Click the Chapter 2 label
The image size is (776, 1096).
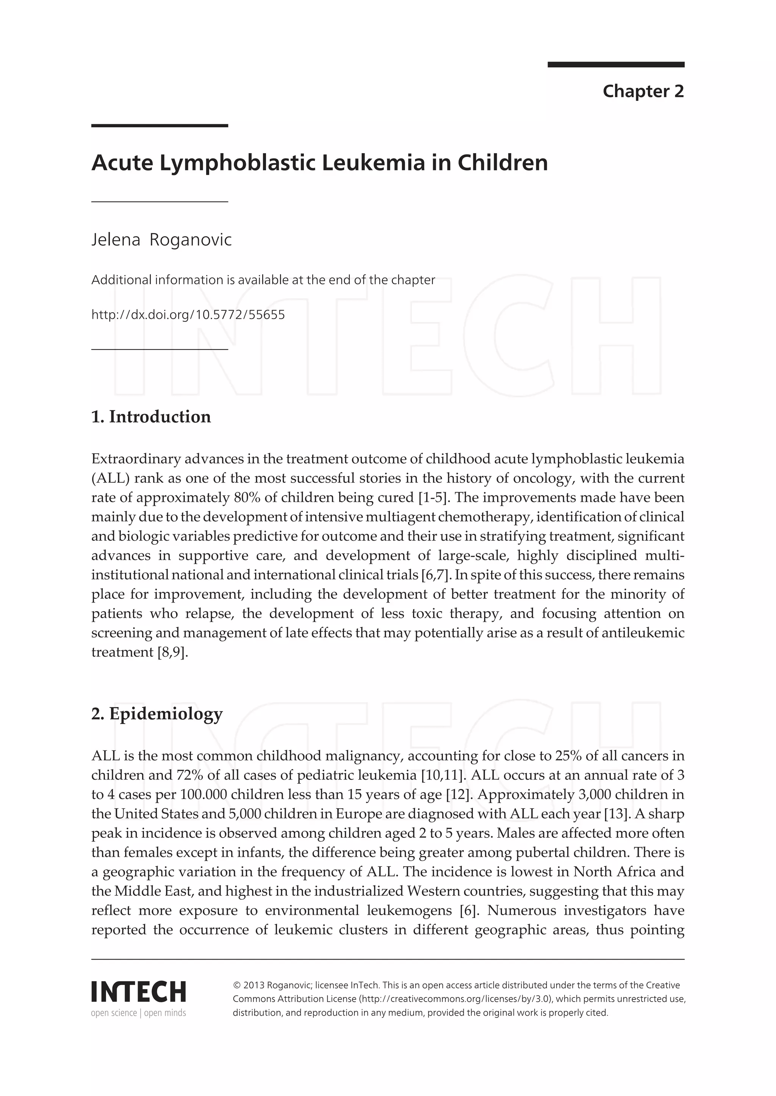(x=643, y=91)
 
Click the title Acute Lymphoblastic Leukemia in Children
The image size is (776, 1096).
(x=319, y=163)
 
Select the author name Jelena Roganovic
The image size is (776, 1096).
(x=161, y=240)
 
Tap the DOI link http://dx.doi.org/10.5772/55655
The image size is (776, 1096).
(x=188, y=315)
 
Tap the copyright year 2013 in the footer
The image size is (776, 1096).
(x=254, y=985)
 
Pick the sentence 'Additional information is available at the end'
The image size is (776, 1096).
(x=263, y=280)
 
